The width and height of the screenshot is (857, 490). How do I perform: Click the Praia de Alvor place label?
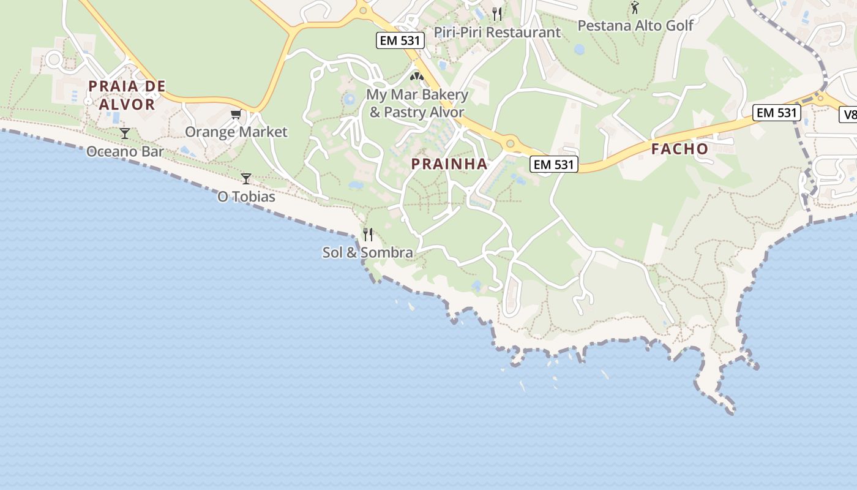coord(127,95)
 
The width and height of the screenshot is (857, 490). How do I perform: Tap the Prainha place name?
coord(449,164)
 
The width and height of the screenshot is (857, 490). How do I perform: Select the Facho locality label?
coord(679,149)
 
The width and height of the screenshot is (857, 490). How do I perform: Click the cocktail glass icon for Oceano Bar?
coord(125,133)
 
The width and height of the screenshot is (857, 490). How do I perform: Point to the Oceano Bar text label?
coord(125,151)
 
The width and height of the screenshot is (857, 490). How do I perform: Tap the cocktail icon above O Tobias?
coord(246,178)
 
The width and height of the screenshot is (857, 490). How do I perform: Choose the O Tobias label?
coord(247,197)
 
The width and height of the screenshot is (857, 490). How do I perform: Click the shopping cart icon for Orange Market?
coord(236,115)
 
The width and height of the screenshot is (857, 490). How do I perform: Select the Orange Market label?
coord(236,132)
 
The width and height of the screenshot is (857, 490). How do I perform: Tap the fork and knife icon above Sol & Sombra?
coord(368,234)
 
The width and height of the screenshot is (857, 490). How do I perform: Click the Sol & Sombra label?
coord(368,252)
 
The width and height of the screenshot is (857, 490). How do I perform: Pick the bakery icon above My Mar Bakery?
coord(417,77)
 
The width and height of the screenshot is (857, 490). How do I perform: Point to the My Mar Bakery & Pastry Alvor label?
coord(417,104)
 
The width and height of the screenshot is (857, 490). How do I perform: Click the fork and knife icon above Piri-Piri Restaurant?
coord(497,13)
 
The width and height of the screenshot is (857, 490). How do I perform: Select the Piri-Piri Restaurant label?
coord(497,32)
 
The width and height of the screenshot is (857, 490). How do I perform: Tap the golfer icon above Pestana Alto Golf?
coord(635,7)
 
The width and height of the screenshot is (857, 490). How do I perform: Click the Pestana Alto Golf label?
coord(635,26)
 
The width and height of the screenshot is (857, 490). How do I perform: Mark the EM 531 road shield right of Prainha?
coord(554,164)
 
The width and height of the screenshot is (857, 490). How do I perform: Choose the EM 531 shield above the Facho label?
coord(777,113)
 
